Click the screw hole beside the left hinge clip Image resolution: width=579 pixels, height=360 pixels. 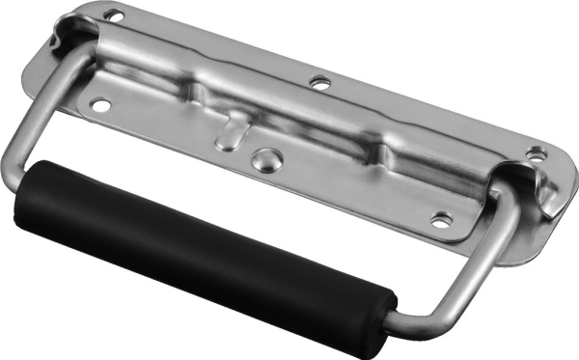coord(114,15)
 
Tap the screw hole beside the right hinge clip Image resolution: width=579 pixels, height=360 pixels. coord(534,152)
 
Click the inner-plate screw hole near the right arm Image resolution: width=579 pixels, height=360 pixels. coord(440,219)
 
